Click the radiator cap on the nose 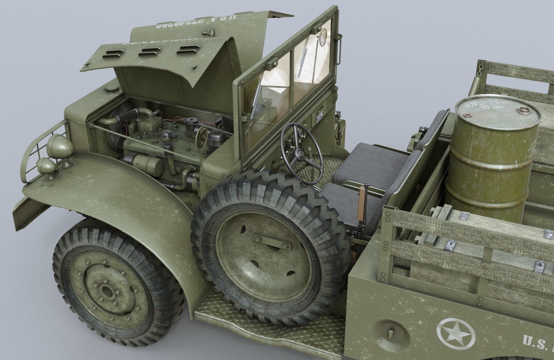click(112, 88)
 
